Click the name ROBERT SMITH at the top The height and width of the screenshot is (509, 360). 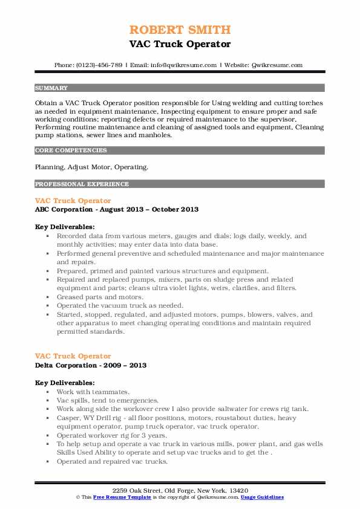pyautogui.click(x=180, y=30)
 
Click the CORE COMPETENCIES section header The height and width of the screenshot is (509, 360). pyautogui.click(x=71, y=150)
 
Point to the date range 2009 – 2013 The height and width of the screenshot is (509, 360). pyautogui.click(x=125, y=366)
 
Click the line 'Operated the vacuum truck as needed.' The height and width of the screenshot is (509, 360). pyautogui.click(x=119, y=305)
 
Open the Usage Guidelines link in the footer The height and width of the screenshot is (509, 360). pyautogui.click(x=262, y=497)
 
